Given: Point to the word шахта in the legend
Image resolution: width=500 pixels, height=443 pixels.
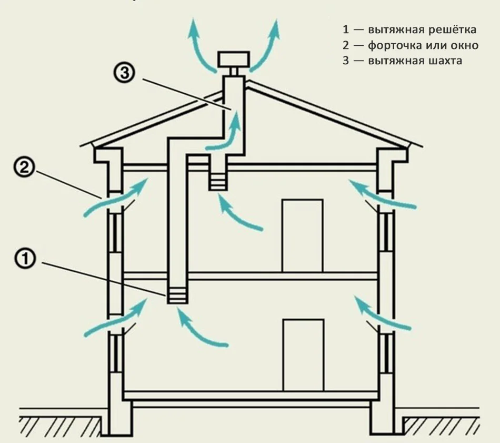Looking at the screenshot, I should click(x=445, y=61).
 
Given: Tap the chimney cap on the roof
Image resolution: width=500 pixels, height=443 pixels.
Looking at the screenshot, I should click(x=233, y=59).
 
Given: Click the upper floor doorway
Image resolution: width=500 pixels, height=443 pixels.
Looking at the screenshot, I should click(x=302, y=235).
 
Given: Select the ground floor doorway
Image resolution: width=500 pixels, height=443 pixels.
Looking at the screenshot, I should click(x=303, y=355).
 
